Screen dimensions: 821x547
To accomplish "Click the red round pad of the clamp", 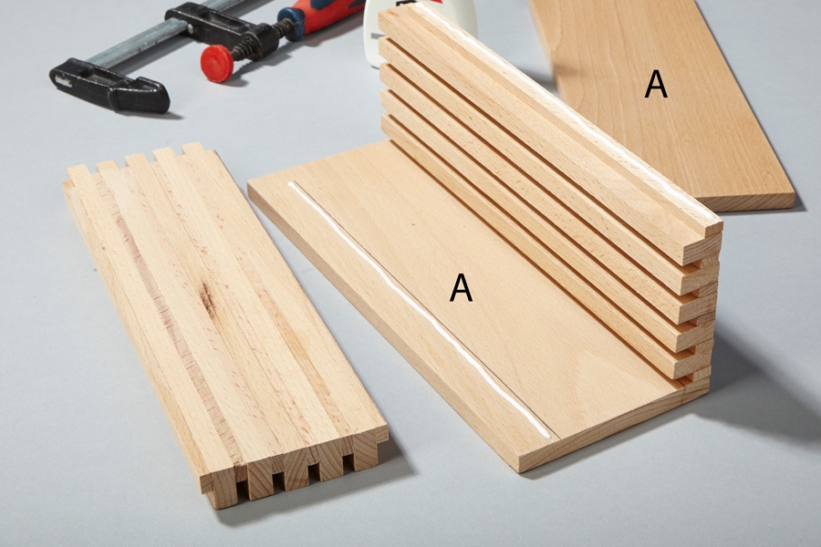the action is [x=217, y=63].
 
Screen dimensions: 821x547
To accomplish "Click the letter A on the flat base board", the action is [x=461, y=288].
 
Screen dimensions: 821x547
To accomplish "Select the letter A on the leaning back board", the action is [x=656, y=84].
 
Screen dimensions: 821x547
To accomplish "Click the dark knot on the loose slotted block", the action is [x=208, y=301].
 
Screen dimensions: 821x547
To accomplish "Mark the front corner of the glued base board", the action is [x=521, y=470].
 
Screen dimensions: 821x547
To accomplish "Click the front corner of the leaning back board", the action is [x=795, y=206].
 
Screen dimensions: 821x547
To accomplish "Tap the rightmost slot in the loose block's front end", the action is [x=348, y=460].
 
